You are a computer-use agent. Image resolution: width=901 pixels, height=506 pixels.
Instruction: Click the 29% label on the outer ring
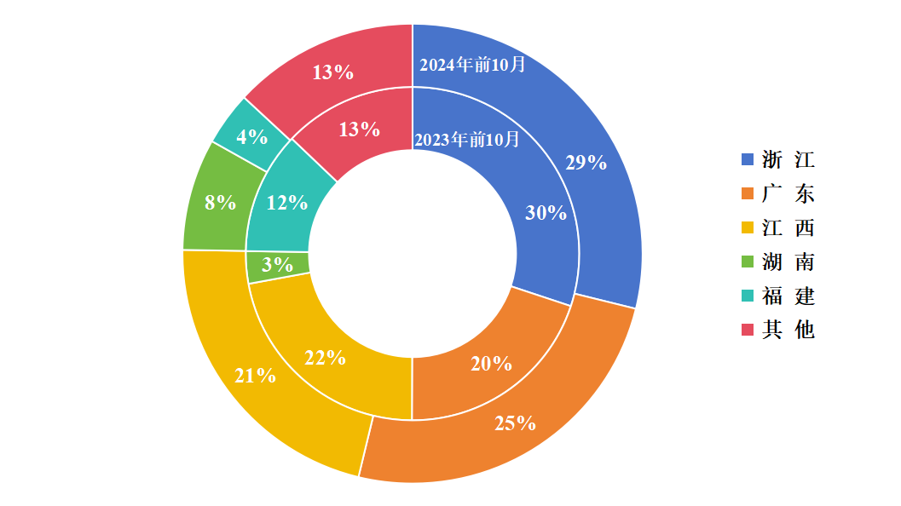coord(586,163)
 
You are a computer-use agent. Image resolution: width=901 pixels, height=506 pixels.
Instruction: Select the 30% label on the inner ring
coord(546,213)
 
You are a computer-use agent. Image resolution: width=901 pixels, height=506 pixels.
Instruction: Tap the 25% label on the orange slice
coord(515,423)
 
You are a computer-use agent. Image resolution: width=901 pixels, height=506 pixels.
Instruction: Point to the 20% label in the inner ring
coord(491,364)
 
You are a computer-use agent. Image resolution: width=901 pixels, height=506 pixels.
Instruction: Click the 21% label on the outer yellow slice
coord(255,375)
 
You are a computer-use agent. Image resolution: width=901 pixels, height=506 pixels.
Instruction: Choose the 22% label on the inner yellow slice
coord(325,358)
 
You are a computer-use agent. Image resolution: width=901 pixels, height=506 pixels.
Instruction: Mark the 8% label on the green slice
coord(220,203)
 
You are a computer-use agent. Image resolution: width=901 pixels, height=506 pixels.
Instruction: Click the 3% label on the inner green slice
coord(277,265)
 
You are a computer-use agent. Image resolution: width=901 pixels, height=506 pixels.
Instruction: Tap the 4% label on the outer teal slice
coord(252,136)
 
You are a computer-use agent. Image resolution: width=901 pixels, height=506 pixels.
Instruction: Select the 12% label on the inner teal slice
coord(286,203)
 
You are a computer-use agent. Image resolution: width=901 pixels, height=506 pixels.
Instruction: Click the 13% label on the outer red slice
coord(332,72)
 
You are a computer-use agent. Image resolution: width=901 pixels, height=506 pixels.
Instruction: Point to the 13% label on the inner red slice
coord(359,129)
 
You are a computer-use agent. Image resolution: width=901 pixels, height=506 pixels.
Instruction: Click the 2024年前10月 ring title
coord(473,65)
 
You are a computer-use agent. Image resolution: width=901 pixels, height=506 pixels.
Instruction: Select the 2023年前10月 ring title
coord(466,140)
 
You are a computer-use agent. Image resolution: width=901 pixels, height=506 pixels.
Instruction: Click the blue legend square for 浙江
coord(748,159)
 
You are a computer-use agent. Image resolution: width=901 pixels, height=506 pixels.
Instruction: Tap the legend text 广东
coord(788,193)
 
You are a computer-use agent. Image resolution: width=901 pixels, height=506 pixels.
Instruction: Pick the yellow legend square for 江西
coord(748,227)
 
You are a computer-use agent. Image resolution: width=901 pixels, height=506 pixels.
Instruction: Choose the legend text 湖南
coord(788,262)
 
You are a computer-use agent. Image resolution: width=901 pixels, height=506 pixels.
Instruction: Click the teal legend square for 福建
coord(748,296)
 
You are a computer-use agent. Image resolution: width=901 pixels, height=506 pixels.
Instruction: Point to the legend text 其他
coord(788,330)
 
